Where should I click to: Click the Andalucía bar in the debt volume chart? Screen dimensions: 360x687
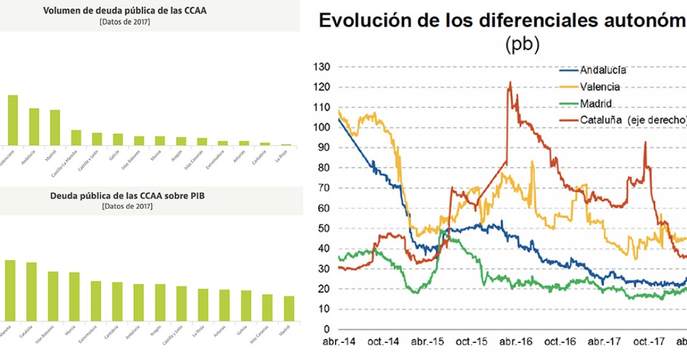tap(34, 127)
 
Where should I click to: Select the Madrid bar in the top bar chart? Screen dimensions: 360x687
tap(55, 127)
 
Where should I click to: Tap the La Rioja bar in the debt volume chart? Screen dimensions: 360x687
tap(286, 144)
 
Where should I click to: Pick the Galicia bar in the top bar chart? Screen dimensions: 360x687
tap(118, 139)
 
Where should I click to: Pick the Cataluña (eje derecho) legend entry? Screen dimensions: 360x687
tap(627, 121)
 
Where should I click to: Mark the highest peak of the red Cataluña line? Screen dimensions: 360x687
tap(510, 82)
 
